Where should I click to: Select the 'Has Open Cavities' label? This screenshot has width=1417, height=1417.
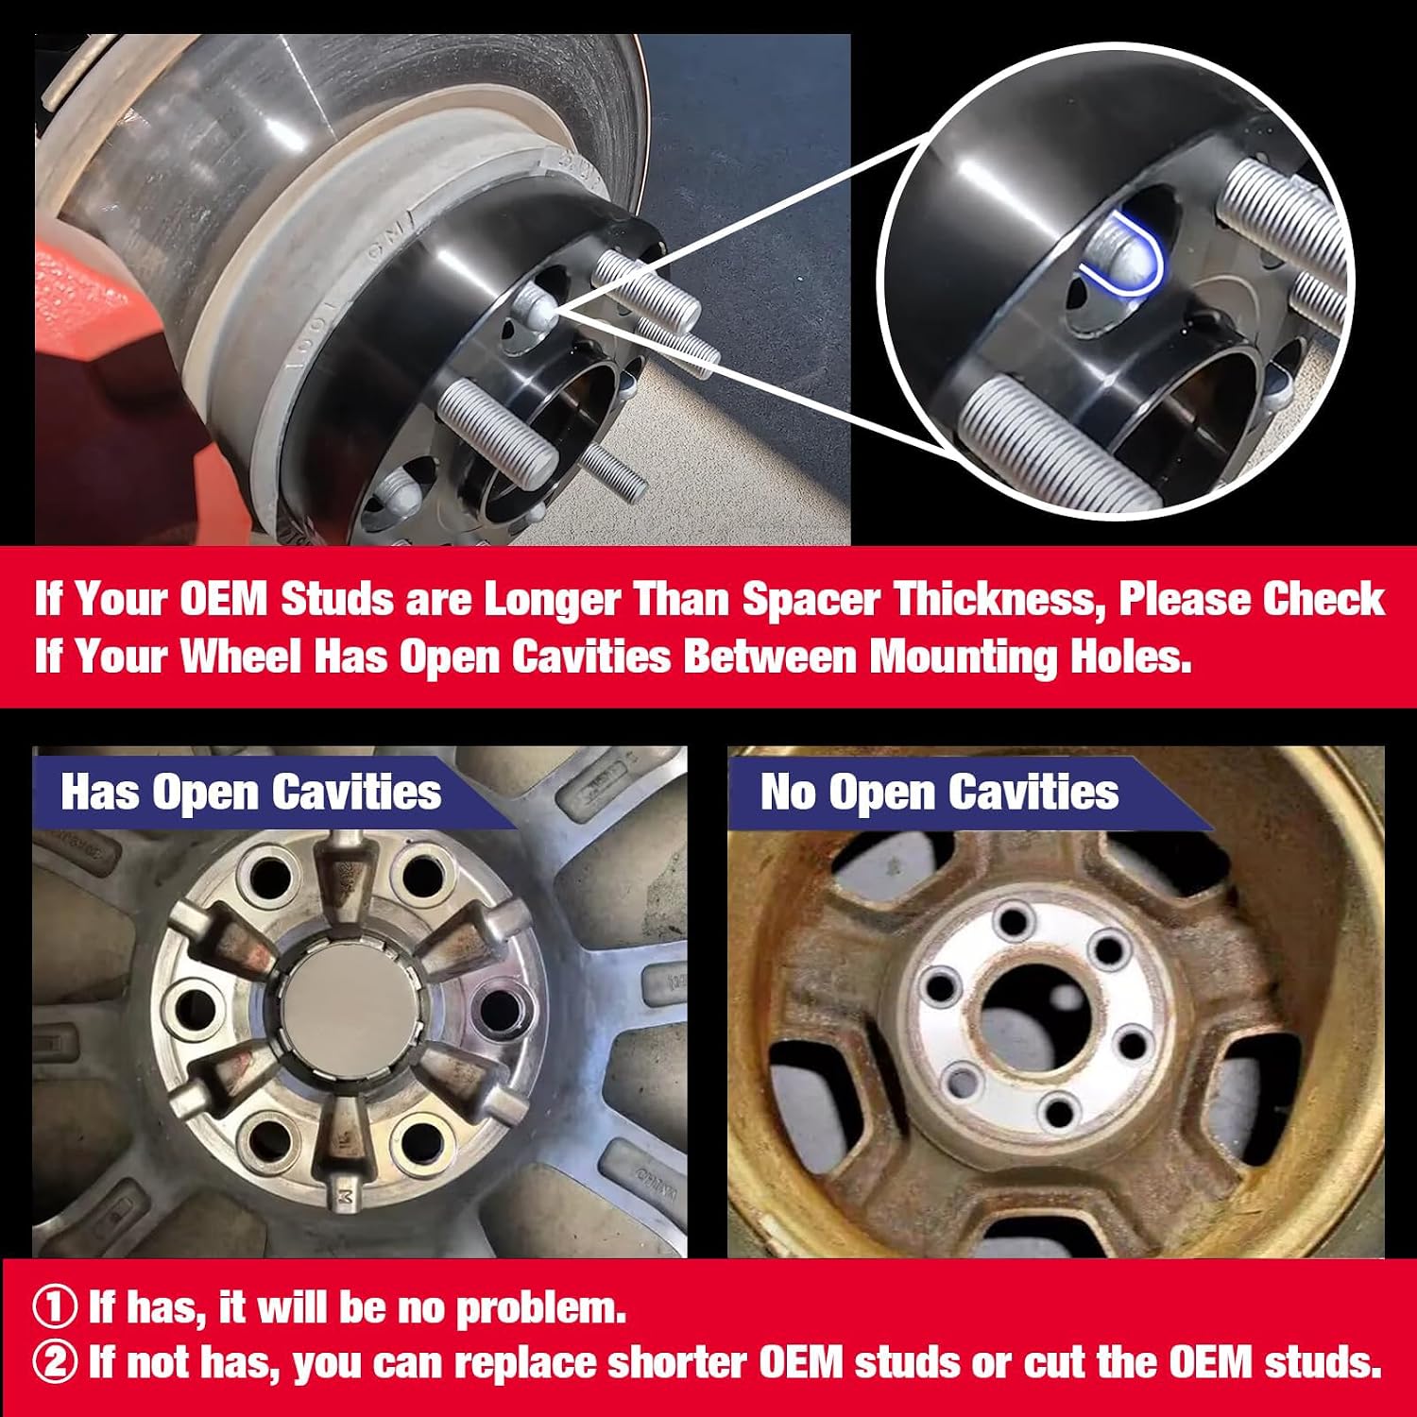pos(251,792)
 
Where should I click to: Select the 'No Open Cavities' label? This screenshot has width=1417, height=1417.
pos(940,792)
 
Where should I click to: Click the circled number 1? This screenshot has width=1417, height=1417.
pos(55,1308)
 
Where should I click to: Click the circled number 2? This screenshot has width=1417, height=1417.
pos(55,1363)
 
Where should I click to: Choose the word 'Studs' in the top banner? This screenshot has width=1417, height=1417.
pos(337,599)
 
